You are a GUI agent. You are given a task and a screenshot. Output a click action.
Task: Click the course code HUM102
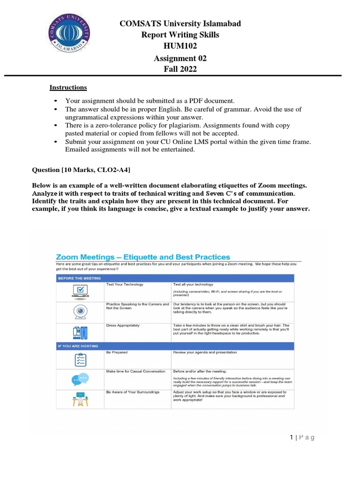(x=180, y=46)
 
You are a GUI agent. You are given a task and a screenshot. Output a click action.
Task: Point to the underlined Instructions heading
(x=68, y=88)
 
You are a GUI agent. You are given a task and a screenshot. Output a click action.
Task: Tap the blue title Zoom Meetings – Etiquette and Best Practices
(x=143, y=257)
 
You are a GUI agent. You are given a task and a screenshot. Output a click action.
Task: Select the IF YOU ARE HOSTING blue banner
(x=78, y=346)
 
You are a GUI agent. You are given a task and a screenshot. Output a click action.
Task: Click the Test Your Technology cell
(x=125, y=285)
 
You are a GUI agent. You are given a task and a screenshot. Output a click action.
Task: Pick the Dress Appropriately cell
(x=123, y=325)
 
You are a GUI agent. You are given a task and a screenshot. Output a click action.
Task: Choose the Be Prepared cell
(x=117, y=352)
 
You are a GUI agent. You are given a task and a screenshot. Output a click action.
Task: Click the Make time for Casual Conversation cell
(x=135, y=371)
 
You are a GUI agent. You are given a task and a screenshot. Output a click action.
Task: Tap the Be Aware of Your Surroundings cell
(x=133, y=391)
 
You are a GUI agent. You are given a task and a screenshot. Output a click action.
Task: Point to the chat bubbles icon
(x=80, y=379)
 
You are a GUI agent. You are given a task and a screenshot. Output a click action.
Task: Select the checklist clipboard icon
(x=80, y=360)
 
